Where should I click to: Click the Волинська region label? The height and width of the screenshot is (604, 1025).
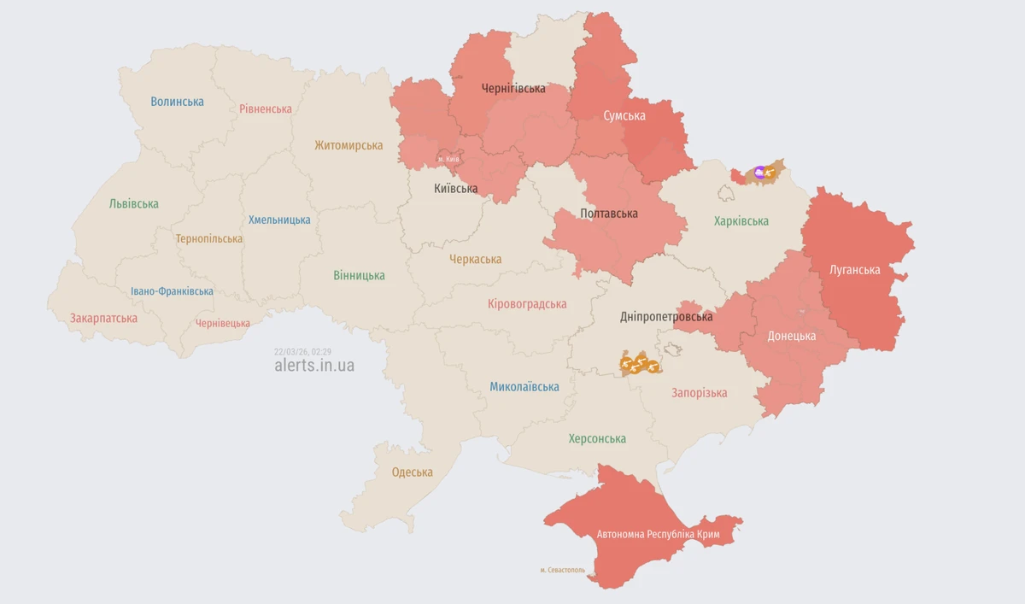177,102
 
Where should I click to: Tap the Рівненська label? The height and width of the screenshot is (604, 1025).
266,109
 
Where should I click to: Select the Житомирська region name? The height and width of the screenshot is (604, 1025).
348,145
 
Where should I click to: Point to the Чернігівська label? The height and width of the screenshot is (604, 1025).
513,89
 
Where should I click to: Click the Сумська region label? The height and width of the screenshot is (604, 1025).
624,115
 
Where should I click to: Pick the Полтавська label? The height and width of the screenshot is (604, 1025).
609,214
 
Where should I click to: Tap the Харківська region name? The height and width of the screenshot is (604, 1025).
741,221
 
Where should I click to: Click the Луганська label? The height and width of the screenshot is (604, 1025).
855,270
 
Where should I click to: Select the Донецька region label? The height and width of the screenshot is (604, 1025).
792,336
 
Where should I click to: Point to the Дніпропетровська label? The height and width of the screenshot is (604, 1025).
666,317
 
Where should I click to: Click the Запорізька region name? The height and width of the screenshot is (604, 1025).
700,393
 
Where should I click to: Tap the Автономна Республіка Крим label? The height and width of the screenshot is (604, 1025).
659,535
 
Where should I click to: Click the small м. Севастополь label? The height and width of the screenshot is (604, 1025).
563,570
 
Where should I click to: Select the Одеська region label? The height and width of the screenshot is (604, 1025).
413,472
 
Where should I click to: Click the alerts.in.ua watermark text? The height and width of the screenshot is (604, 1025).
314,366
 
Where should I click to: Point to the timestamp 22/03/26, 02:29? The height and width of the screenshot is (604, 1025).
302,351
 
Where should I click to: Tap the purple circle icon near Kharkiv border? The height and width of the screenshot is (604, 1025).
760,173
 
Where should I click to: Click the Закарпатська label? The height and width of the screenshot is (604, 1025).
103,318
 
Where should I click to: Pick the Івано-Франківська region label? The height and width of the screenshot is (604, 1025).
172,291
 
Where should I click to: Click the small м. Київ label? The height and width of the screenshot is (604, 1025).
448,159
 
